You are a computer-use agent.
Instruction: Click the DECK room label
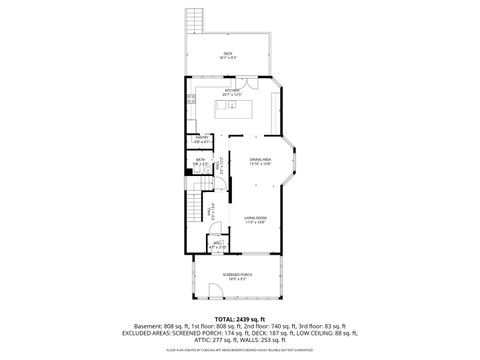228,53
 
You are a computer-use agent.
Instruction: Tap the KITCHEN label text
232,90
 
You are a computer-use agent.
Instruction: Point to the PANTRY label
201,139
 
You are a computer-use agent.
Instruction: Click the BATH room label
200,160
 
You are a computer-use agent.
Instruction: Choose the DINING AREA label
260,159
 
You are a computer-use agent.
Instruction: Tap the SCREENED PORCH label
236,275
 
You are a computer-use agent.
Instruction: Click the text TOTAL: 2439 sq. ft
239,318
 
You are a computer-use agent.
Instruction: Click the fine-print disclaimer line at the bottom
239,351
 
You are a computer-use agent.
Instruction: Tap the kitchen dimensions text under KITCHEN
232,95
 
